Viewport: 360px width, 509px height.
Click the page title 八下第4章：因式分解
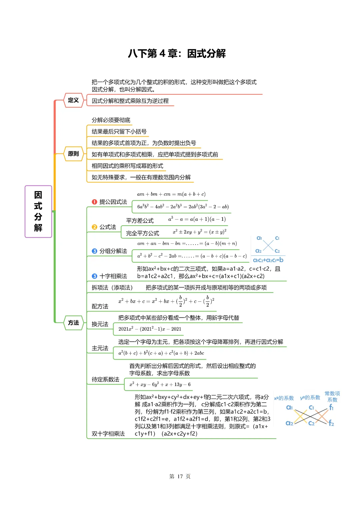click(x=177, y=53)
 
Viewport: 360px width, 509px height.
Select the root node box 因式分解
click(x=38, y=211)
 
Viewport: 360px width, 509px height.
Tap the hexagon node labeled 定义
click(x=73, y=100)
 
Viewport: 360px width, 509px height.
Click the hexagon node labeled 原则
click(x=73, y=154)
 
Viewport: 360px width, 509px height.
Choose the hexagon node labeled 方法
click(x=73, y=323)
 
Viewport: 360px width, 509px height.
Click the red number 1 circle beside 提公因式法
click(x=94, y=202)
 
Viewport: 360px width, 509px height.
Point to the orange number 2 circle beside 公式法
click(x=94, y=227)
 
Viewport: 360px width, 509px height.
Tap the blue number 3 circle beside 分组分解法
click(x=94, y=251)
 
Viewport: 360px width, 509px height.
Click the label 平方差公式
click(x=140, y=221)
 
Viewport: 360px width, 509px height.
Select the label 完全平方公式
click(x=142, y=233)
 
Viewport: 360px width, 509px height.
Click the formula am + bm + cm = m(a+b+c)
click(x=171, y=194)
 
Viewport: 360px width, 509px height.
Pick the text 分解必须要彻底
click(x=111, y=120)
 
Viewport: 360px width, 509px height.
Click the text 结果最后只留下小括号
click(x=119, y=131)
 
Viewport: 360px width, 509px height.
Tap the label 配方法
click(x=100, y=306)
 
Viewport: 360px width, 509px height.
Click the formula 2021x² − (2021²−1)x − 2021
click(x=150, y=329)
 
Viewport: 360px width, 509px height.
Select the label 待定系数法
click(x=105, y=379)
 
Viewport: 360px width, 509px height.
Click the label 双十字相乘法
click(x=108, y=434)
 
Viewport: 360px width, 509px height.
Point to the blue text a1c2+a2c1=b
click(x=268, y=260)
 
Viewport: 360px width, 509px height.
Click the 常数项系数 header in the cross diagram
click(x=332, y=396)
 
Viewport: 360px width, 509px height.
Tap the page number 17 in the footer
click(x=180, y=476)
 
